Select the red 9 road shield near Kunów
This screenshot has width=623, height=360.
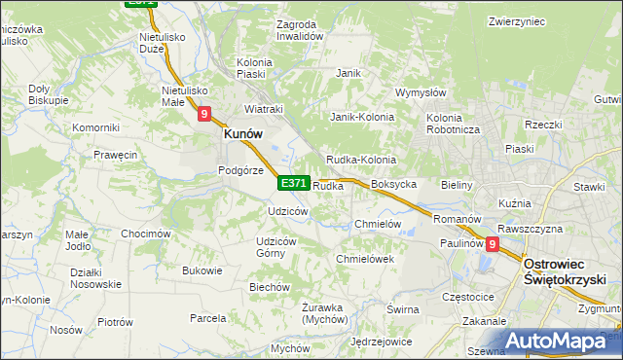[x=204, y=114]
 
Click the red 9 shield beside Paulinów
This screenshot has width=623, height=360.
[x=493, y=245]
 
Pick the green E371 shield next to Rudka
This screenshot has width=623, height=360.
[x=294, y=183]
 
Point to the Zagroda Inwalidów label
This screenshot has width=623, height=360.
[x=299, y=29]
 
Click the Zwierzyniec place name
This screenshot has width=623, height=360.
[x=515, y=20]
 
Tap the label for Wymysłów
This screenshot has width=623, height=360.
[x=420, y=93]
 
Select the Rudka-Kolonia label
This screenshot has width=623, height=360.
[x=360, y=160]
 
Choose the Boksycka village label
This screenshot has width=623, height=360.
[x=394, y=184]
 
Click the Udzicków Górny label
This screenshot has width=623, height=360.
[x=276, y=247]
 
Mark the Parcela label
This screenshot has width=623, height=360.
[x=208, y=317]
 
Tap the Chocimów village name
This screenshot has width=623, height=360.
[x=146, y=234]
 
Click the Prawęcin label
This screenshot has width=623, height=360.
[x=115, y=155]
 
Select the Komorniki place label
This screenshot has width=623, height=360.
[x=95, y=127]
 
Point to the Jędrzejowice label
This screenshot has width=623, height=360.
[x=382, y=342]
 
